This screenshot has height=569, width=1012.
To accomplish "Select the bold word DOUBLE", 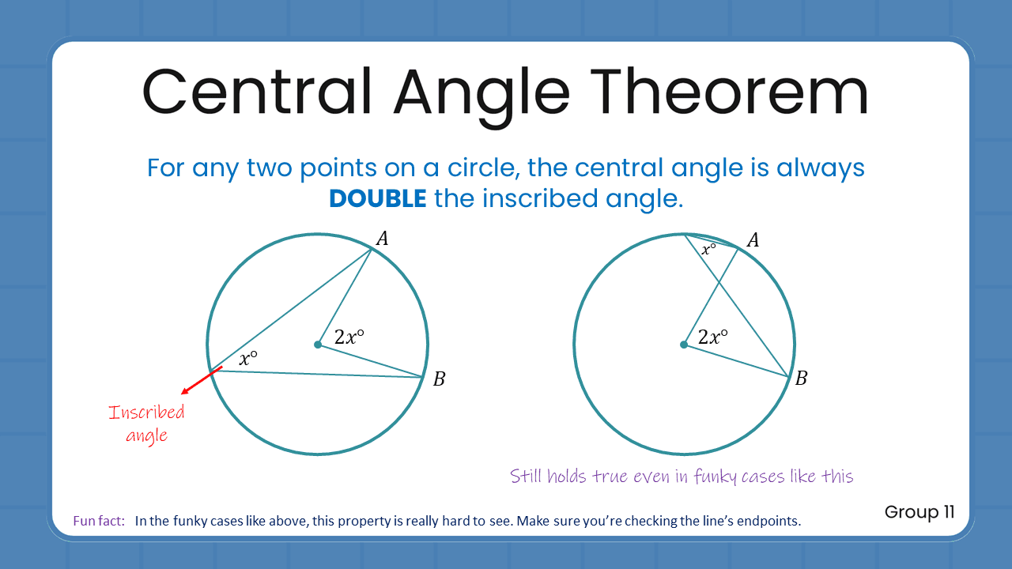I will [x=378, y=198].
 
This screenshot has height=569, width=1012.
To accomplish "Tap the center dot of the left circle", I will [x=318, y=345].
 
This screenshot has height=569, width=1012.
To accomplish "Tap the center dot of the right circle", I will [x=683, y=345].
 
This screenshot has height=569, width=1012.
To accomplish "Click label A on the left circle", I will [x=382, y=238].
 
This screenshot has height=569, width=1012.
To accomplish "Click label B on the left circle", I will [x=439, y=379].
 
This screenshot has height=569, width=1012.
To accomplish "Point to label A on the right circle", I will [x=753, y=239].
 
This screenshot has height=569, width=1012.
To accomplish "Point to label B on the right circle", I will [x=801, y=379].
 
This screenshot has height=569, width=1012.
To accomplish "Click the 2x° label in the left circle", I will [x=349, y=337].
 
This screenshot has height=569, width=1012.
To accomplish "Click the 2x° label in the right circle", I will [x=712, y=337].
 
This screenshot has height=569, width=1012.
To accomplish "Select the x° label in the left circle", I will [x=248, y=358].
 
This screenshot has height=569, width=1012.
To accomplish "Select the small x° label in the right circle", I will [x=708, y=250].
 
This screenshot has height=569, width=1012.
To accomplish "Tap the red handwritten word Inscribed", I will [x=146, y=413].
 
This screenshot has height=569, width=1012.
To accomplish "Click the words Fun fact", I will [x=99, y=521].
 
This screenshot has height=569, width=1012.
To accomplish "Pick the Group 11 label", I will [x=919, y=512].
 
